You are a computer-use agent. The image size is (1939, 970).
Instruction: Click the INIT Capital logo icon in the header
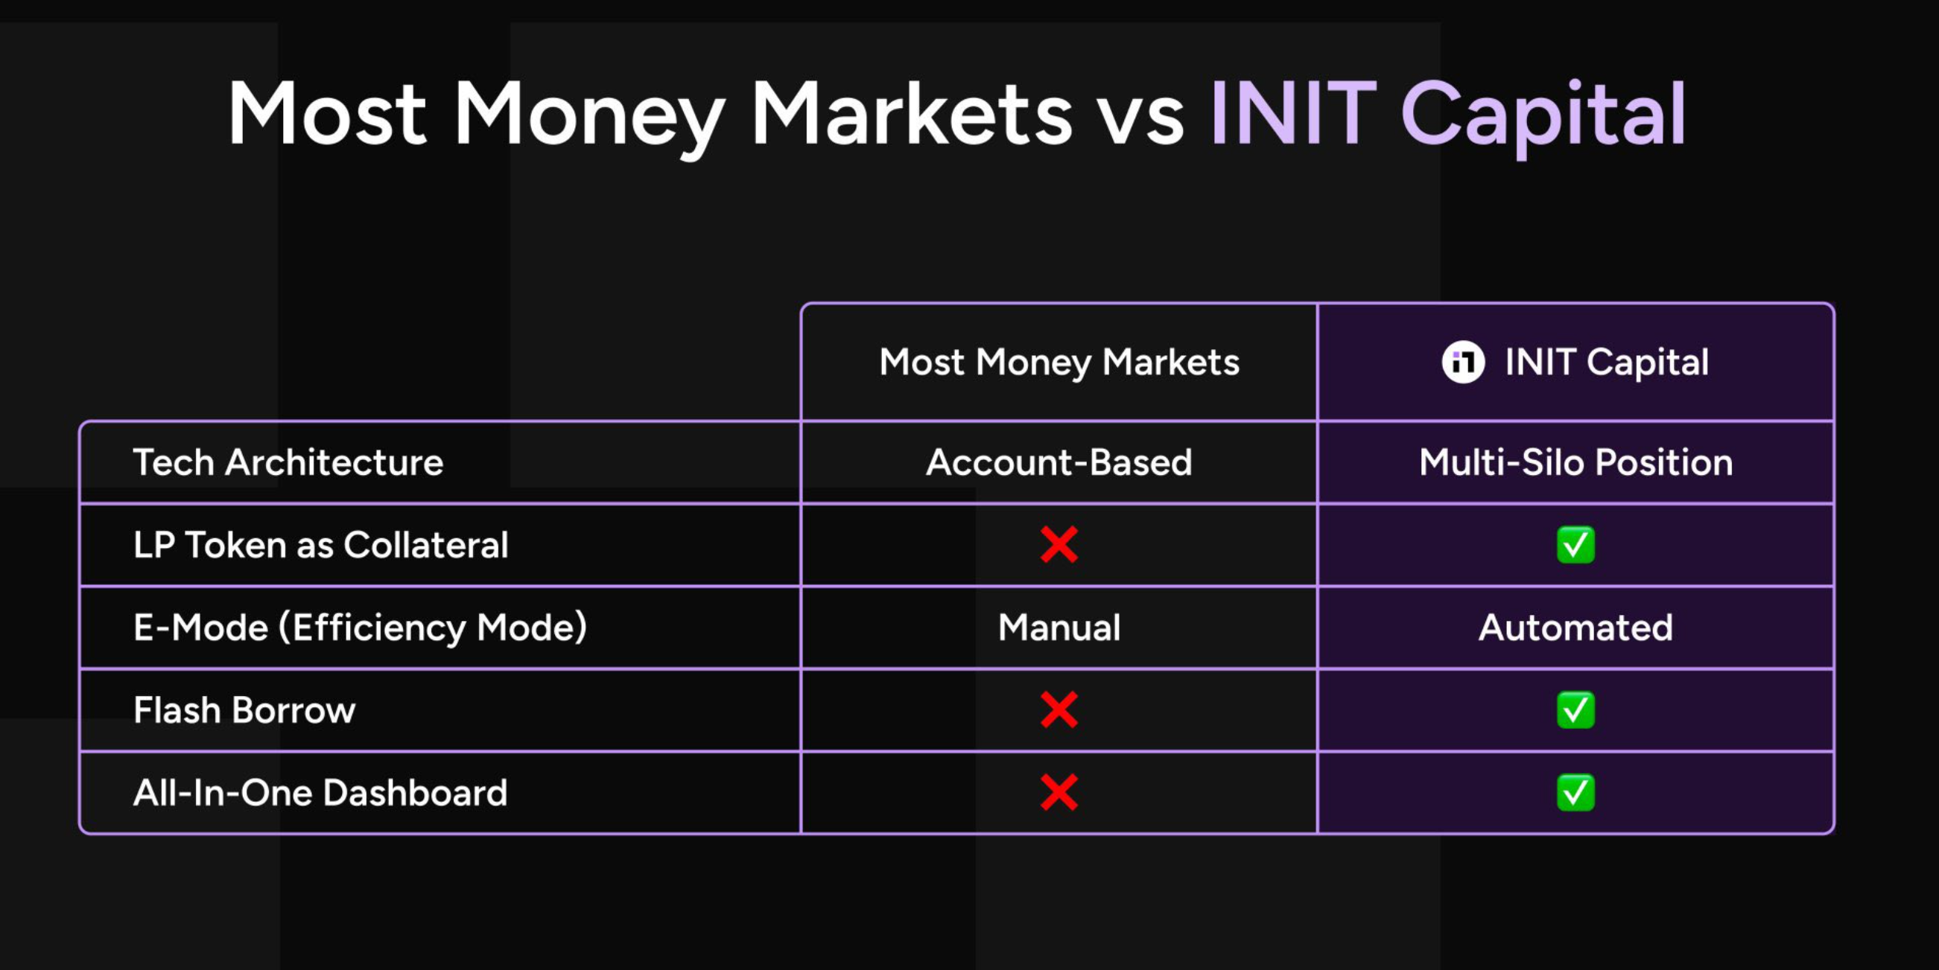click(x=1462, y=362)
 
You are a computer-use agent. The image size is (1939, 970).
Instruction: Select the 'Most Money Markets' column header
click(x=1059, y=363)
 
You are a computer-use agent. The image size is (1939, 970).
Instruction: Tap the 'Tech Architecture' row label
click(x=288, y=462)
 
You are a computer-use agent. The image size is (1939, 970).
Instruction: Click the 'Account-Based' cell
click(x=1059, y=462)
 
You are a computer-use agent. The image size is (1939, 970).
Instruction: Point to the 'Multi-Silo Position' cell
click(x=1575, y=462)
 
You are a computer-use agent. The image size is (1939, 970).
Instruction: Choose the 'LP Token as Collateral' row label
click(x=320, y=545)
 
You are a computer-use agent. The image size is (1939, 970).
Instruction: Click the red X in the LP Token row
click(x=1059, y=545)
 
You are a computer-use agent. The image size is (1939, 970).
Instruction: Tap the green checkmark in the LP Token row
click(x=1575, y=545)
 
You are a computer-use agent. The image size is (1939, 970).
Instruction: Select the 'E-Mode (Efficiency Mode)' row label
click(x=360, y=628)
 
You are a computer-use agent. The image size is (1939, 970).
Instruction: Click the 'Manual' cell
click(x=1059, y=628)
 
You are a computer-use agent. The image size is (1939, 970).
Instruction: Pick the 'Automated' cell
click(x=1575, y=628)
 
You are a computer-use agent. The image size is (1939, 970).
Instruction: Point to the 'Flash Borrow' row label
click(x=244, y=709)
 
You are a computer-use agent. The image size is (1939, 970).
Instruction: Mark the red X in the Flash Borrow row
click(x=1059, y=709)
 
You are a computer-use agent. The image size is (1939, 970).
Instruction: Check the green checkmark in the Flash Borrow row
click(x=1575, y=709)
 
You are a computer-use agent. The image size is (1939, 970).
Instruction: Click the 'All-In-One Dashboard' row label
click(x=320, y=792)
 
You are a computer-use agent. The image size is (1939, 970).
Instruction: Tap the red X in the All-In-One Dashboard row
click(x=1059, y=792)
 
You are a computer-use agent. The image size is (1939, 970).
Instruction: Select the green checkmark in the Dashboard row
click(x=1575, y=792)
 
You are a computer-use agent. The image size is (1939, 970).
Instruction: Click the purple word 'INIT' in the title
click(x=1294, y=113)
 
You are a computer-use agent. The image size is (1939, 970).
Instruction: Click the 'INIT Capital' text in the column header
click(x=1606, y=363)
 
